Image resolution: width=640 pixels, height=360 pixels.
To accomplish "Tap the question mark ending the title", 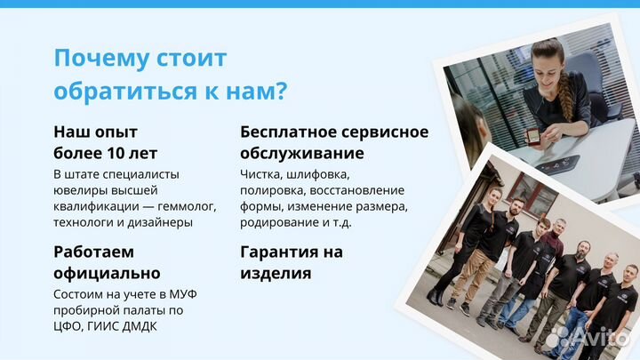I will coord(280,92).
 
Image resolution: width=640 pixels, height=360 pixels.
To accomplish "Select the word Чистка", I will coord(261,173).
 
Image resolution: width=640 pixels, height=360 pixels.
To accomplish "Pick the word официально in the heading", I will coord(107,273).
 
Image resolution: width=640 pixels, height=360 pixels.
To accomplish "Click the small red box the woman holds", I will coord(533,136).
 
